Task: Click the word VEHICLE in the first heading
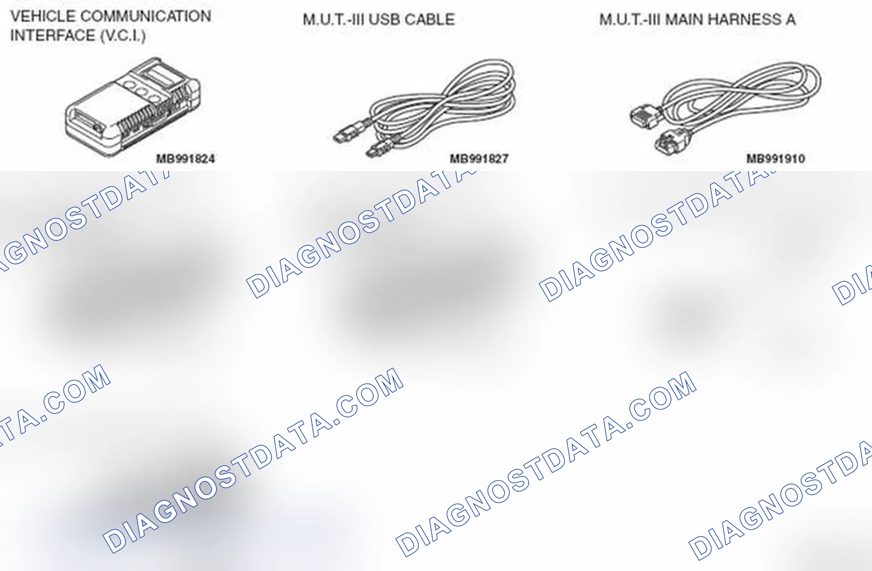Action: click(x=43, y=17)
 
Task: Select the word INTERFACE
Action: click(x=52, y=36)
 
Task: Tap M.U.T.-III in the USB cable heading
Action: click(x=333, y=20)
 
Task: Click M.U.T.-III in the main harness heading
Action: click(x=630, y=20)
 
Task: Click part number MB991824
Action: click(x=185, y=159)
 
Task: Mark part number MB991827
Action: click(x=479, y=159)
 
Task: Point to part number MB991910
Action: click(x=776, y=159)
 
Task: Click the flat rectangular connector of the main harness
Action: click(x=645, y=117)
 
